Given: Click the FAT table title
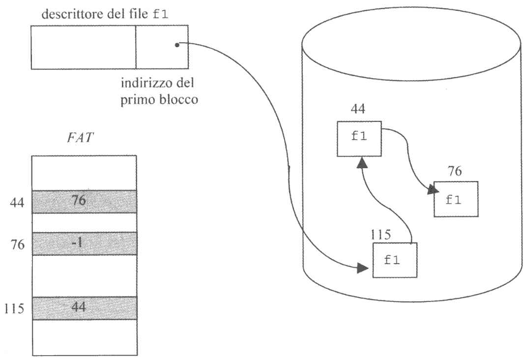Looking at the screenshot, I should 84,137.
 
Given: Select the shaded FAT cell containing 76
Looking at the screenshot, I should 84,201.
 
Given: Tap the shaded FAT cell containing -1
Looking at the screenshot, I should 84,243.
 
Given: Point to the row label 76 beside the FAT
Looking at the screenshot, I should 18,244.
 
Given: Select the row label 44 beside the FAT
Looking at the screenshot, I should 18,202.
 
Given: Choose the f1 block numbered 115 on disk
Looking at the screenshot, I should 394,260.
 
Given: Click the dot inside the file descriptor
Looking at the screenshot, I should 176,46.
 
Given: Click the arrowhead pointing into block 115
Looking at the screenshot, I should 362,268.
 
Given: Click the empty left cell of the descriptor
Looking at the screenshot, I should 84,47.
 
